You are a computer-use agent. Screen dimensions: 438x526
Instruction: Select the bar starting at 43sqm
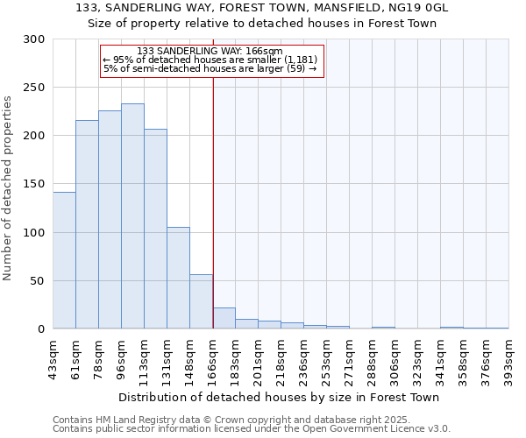pos(64,260)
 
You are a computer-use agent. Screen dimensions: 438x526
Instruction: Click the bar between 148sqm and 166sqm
pos(201,301)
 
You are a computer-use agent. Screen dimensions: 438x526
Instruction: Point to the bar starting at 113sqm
pos(155,229)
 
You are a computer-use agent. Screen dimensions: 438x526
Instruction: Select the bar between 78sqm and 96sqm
pos(110,220)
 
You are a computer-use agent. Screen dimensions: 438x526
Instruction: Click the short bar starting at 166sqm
pos(224,318)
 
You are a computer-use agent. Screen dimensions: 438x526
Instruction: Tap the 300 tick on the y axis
pos(34,39)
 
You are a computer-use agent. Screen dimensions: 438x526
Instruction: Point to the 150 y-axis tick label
pos(34,184)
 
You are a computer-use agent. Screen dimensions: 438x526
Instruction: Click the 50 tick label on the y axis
pos(38,281)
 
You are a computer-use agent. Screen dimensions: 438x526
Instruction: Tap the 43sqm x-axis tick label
pos(53,355)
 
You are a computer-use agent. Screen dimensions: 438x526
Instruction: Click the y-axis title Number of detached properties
pos(9,188)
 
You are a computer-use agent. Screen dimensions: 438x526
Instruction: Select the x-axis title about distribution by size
pos(279,397)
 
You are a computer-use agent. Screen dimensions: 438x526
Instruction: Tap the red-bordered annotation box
pos(212,60)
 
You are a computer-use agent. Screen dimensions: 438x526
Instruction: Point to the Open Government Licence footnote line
pos(252,429)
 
